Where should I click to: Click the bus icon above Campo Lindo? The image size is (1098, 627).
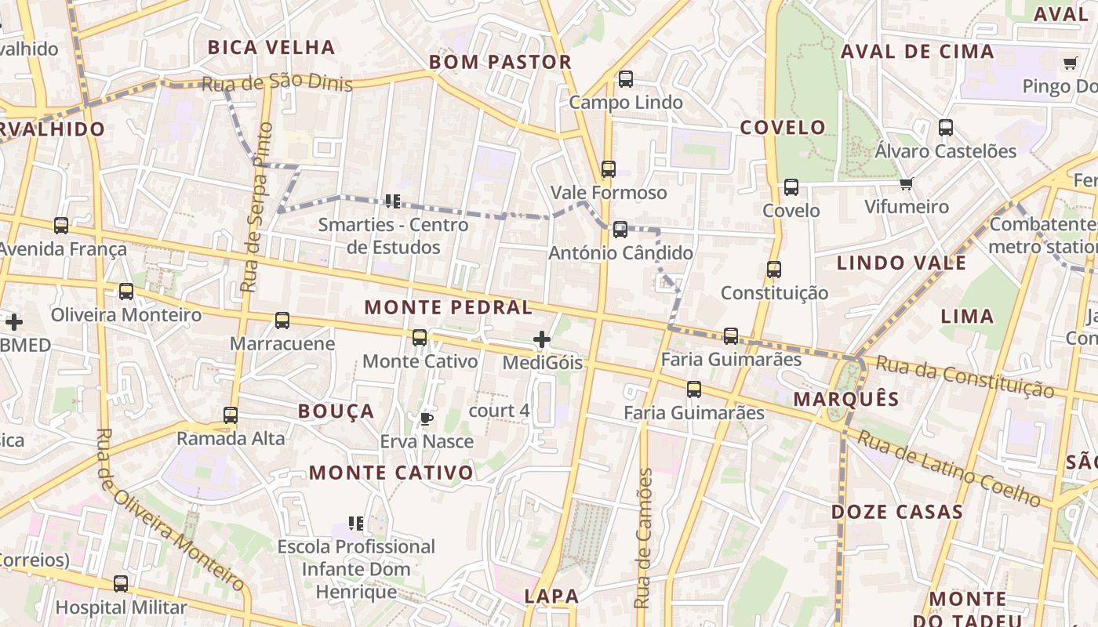(x=625, y=79)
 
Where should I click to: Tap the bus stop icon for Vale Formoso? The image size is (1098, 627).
(x=608, y=169)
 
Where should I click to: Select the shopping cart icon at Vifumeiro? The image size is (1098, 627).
(x=907, y=183)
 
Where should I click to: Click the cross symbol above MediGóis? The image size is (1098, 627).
(x=541, y=339)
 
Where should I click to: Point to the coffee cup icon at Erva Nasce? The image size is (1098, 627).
(x=426, y=419)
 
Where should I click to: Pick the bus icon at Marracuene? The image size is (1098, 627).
(x=282, y=321)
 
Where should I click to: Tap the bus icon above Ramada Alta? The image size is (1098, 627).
(x=230, y=415)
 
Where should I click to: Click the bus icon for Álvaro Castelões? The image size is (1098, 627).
(x=946, y=128)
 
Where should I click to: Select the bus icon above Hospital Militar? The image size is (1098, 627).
(x=120, y=584)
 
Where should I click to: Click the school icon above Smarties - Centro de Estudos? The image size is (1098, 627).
(x=393, y=201)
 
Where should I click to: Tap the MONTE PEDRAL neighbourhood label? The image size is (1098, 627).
(x=449, y=307)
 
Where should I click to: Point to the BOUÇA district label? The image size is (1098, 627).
(x=336, y=411)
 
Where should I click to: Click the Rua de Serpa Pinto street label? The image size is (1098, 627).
(x=257, y=207)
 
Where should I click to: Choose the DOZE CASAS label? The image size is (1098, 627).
(x=896, y=512)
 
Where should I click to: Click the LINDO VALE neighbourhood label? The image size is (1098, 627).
(x=901, y=263)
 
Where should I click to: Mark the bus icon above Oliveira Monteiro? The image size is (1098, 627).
(x=126, y=292)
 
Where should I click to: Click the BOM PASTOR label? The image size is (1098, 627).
(x=500, y=62)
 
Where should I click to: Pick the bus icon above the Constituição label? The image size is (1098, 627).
(x=774, y=270)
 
